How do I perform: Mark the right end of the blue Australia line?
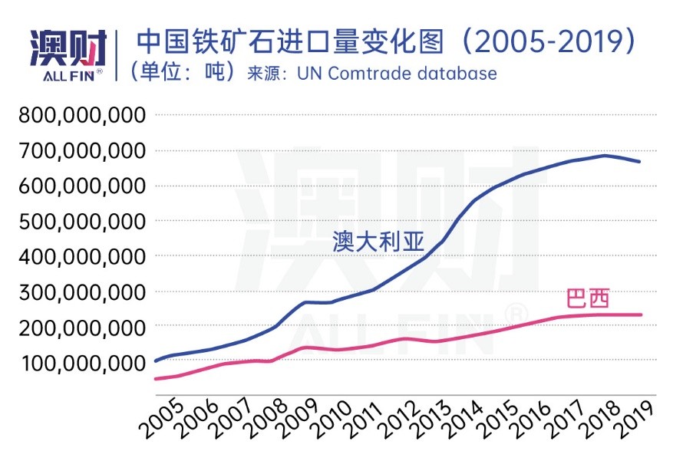[640, 162]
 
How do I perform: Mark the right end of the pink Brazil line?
[640, 314]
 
